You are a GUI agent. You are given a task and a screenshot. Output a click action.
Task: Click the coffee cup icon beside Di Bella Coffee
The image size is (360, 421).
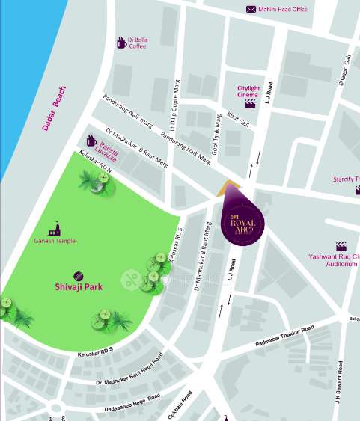[x=121, y=43]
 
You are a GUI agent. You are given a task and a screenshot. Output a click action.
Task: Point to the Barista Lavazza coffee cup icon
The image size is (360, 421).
[x=91, y=141]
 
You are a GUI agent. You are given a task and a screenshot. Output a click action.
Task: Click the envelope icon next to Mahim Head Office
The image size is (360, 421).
[x=251, y=10]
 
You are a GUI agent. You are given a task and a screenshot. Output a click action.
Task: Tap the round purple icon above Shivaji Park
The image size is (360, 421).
[x=79, y=274]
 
